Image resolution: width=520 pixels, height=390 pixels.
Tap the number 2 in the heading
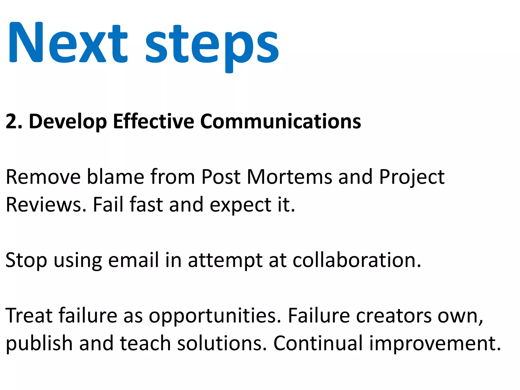[11, 122]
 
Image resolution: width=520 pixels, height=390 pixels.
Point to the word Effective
[153, 121]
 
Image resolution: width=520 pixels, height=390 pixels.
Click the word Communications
[280, 121]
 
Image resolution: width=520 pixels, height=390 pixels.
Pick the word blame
[116, 177]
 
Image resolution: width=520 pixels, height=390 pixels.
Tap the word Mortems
[289, 177]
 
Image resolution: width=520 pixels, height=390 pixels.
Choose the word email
[133, 260]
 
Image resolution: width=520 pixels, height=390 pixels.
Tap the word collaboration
[357, 260]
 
